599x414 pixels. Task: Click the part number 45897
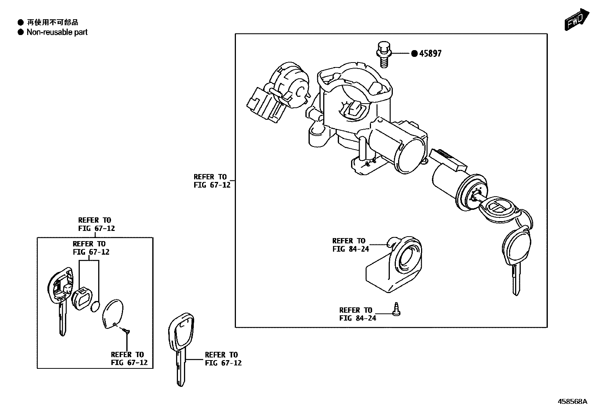[431, 53]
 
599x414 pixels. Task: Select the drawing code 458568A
[572, 402]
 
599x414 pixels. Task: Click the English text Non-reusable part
[57, 32]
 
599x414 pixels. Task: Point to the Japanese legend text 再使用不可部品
[52, 23]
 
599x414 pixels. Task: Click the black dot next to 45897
[414, 53]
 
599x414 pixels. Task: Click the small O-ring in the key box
[96, 307]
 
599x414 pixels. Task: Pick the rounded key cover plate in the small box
[112, 314]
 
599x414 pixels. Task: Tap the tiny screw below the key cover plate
[126, 331]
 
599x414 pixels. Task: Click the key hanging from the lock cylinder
[515, 256]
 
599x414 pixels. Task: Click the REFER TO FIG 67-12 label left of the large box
[212, 181]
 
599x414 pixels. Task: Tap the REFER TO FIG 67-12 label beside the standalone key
[223, 359]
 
